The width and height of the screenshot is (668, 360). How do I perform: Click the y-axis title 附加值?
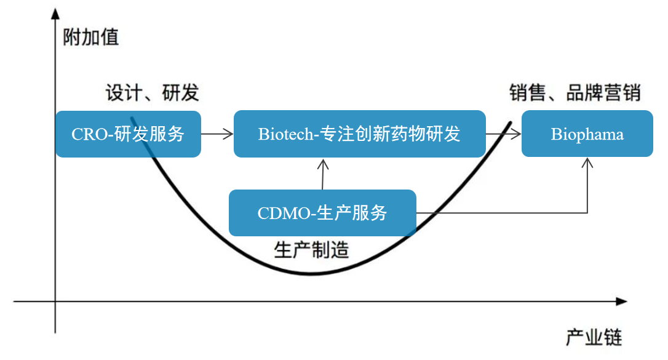point(90,38)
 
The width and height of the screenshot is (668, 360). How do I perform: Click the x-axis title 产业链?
point(594,337)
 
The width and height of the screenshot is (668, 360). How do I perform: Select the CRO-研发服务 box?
point(128,134)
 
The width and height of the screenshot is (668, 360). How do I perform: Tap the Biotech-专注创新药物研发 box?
point(359,134)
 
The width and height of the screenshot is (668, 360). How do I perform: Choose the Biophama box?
point(587,134)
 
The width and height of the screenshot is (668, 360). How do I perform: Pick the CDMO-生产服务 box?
point(322,213)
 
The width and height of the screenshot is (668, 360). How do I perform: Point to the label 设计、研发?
point(152,93)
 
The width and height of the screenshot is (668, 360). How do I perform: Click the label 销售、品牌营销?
point(575,93)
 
